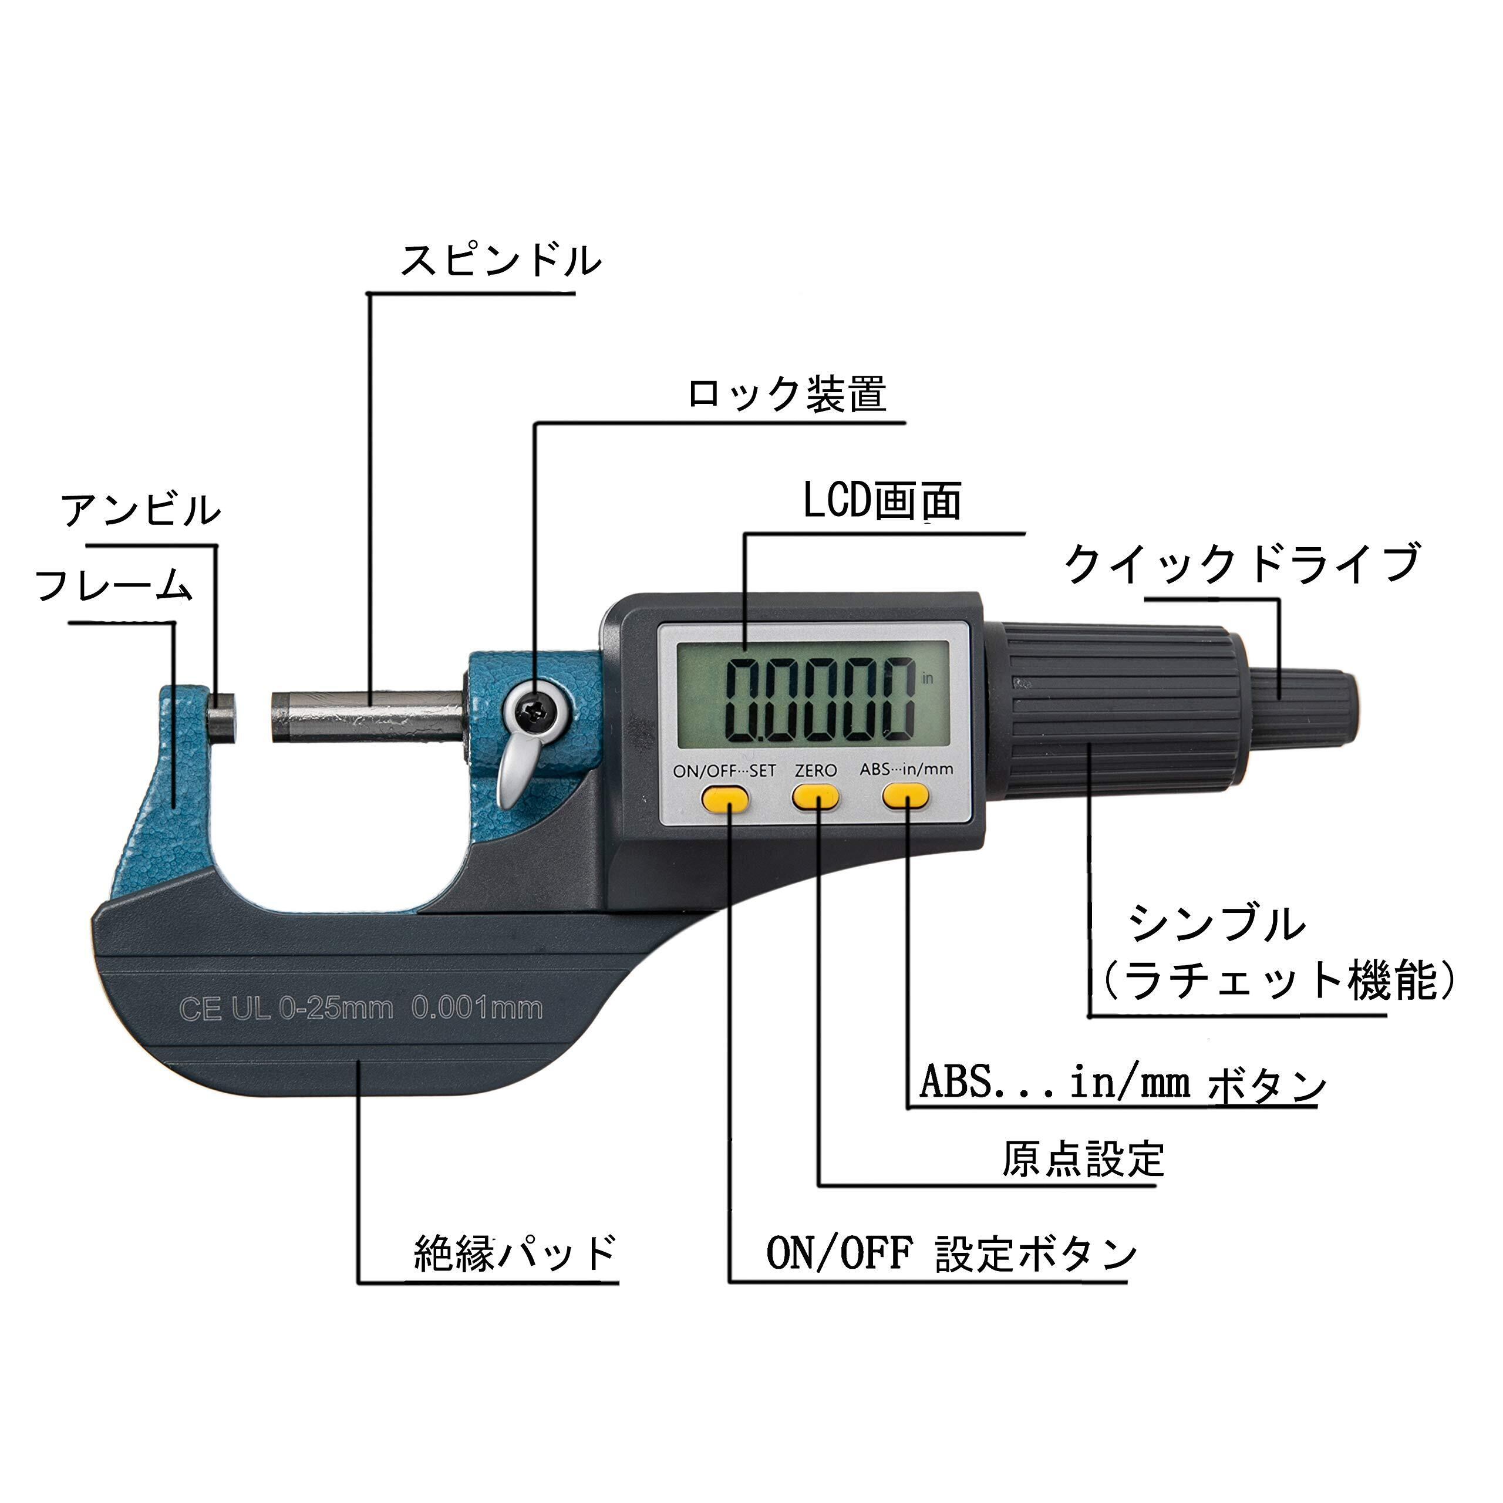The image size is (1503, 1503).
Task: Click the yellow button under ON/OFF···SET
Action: click(x=724, y=798)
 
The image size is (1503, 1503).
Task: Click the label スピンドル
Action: click(x=500, y=261)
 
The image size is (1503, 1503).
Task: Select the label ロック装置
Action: click(x=787, y=395)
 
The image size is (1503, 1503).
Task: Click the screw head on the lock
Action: click(x=534, y=710)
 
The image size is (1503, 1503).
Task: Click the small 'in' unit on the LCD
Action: click(x=926, y=678)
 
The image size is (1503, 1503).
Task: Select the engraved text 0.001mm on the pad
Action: click(x=476, y=1009)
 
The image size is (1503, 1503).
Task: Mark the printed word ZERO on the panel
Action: click(x=815, y=770)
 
